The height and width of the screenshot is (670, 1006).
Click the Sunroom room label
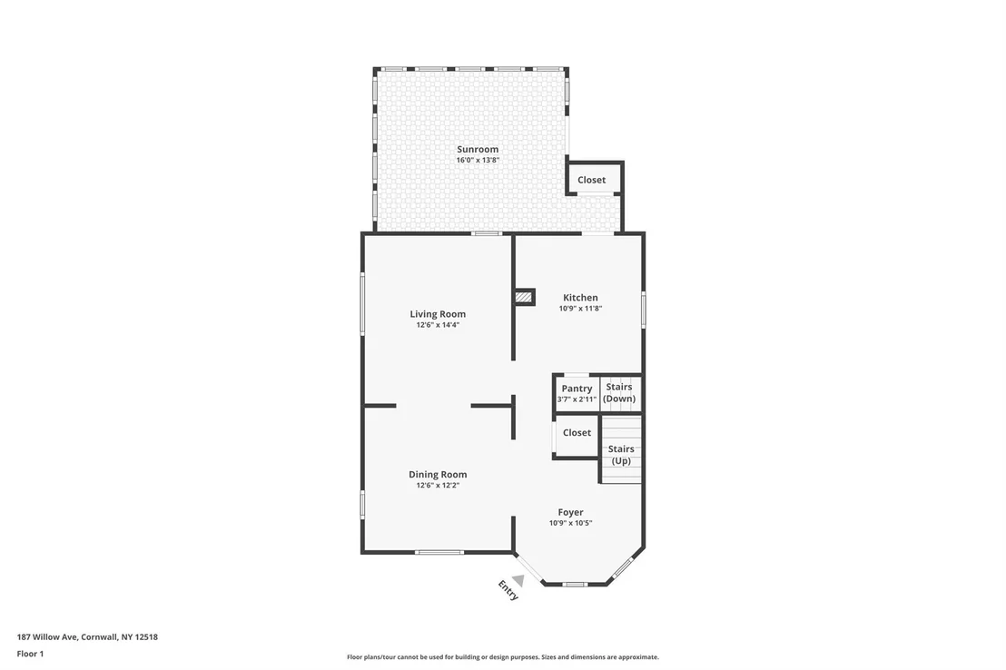478,149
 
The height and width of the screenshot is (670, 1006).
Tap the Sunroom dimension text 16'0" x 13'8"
478,160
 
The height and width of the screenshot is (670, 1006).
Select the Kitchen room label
580,297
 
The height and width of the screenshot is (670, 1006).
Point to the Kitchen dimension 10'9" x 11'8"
580,308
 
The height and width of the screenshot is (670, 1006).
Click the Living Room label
438,314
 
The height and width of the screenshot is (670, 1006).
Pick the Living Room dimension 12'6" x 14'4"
438,325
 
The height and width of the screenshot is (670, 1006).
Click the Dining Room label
438,474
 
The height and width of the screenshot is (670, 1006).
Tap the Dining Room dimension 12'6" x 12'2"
438,485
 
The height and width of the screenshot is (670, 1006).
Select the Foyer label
570,512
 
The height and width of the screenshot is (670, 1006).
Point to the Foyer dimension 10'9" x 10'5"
570,523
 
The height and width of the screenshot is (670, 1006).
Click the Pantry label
577,389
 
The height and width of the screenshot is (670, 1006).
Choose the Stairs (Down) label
619,393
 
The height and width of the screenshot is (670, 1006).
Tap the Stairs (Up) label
621,455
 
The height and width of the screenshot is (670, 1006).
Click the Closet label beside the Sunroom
591,180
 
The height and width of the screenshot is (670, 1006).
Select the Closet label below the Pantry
577,432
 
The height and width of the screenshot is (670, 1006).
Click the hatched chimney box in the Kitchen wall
524,297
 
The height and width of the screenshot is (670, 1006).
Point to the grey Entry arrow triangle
518,581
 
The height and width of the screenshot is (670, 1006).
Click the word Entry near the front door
508,590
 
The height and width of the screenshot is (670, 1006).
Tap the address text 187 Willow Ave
47,637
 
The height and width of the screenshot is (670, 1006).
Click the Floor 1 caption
30,654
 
